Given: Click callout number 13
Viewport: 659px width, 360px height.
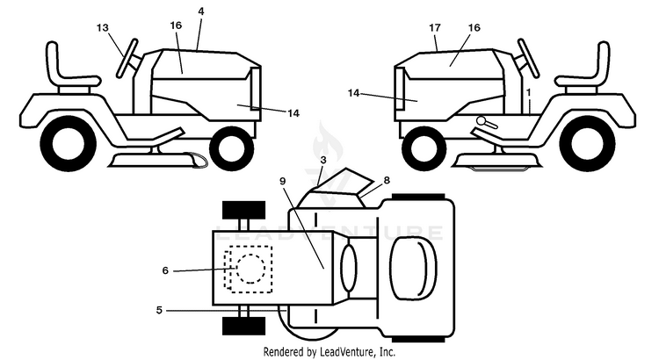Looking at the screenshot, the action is coord(103,28).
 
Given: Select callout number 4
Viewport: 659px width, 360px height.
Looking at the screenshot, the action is coord(201,11).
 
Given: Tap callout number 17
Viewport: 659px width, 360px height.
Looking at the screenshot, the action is coord(435,28).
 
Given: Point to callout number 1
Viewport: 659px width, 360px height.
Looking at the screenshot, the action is coord(529,91).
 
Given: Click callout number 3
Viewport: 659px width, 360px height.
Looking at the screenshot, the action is coord(323,160).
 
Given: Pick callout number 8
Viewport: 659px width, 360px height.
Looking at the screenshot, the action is coord(387,180).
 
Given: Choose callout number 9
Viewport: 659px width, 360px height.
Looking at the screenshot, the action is coord(282,181).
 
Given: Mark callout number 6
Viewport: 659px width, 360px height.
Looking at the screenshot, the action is coord(165,271).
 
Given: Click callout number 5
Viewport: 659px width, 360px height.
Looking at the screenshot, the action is coord(159,311).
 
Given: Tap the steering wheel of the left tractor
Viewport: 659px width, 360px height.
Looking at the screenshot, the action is coord(127,58).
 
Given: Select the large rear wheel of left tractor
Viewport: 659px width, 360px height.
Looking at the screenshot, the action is coord(68,144).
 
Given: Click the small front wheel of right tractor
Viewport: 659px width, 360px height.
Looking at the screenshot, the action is coord(424,148).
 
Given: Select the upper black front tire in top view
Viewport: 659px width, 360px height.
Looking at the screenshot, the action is coord(243,210).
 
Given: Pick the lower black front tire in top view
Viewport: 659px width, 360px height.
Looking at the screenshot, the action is coord(243,326).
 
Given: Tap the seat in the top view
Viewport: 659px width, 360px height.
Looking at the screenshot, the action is coord(413,269).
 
